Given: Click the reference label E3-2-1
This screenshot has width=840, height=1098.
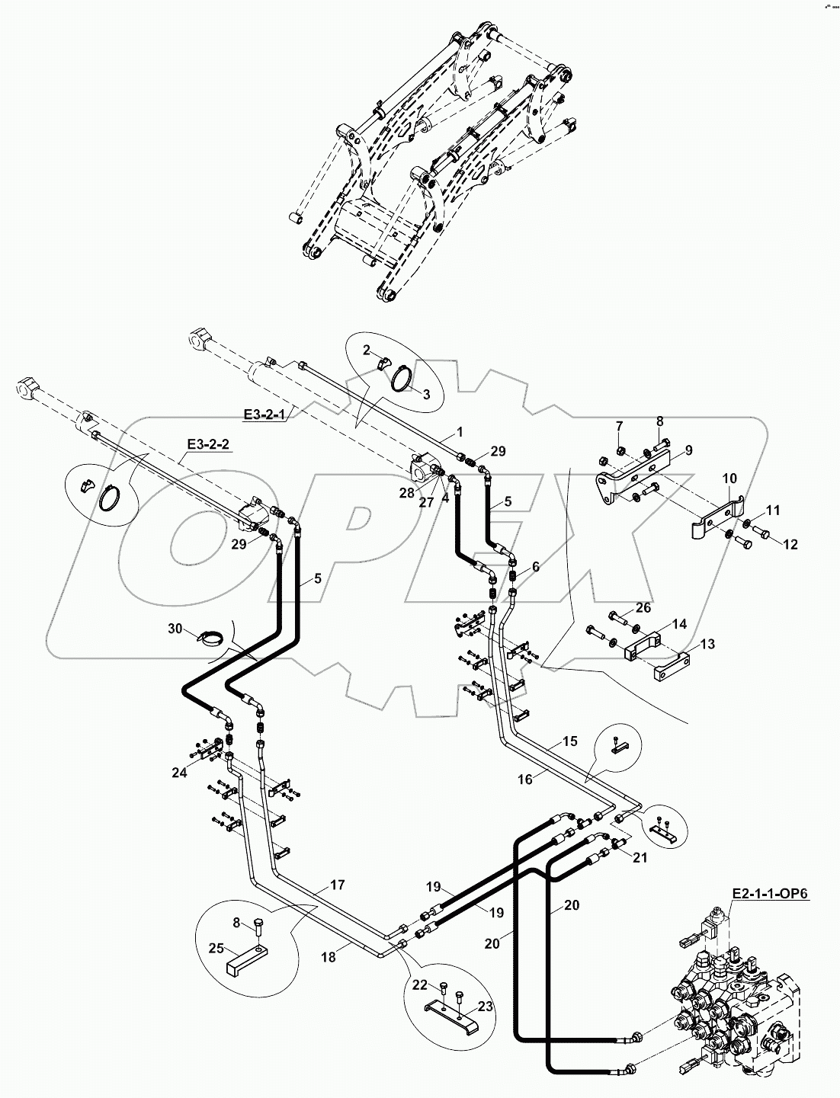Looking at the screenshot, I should point(264,415).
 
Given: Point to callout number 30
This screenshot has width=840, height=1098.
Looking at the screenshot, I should point(176,629).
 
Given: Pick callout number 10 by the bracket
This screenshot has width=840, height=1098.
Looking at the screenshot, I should point(729,479).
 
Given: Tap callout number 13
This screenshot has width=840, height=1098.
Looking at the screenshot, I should point(707,644).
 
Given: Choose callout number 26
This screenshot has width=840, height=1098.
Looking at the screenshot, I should point(644,607).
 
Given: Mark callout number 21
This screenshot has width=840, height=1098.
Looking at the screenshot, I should point(640,857).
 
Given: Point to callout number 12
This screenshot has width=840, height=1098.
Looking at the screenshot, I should point(790,544).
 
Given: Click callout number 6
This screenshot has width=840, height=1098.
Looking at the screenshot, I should point(535,566).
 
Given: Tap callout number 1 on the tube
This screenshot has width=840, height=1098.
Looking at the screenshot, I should point(459,432).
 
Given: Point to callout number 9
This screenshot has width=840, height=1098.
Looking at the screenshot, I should point(688,450).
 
